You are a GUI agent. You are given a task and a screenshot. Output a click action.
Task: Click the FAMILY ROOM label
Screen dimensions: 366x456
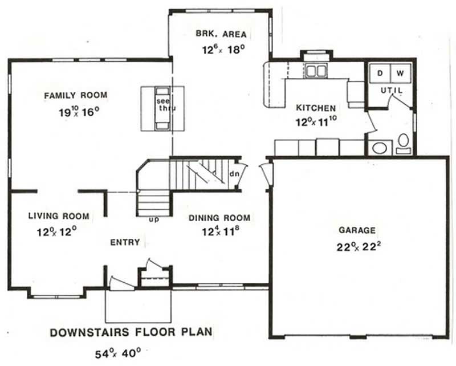click(x=76, y=95)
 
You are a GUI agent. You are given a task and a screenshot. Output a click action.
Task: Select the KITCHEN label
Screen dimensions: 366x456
click(x=315, y=107)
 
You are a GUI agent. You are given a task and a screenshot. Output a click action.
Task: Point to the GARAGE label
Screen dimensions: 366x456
click(x=357, y=230)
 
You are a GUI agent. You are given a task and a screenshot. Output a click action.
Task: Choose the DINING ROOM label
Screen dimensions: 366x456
click(x=219, y=218)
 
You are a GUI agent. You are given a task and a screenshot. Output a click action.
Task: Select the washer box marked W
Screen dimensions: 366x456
click(x=400, y=73)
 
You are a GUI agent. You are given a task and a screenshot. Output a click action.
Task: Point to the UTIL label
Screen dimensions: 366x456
click(x=391, y=91)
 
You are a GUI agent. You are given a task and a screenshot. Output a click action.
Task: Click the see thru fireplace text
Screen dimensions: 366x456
click(x=163, y=105)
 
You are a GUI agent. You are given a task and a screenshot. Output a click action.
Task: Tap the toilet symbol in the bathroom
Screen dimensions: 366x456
click(x=403, y=141)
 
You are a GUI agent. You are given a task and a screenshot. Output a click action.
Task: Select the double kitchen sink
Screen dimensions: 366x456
click(x=315, y=71)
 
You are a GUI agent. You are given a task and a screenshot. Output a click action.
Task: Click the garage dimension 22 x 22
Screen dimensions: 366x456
click(x=357, y=247)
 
